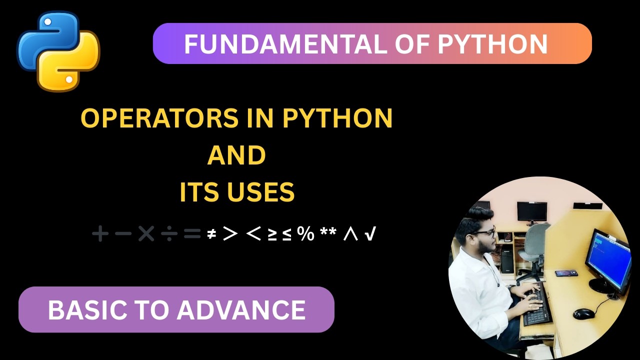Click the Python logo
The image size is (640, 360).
pyautogui.click(x=58, y=51)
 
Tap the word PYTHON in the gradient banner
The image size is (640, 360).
pyautogui.click(x=492, y=44)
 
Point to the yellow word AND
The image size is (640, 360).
pyautogui.click(x=236, y=155)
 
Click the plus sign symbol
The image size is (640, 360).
pyautogui.click(x=100, y=233)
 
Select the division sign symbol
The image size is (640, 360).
pyautogui.click(x=169, y=233)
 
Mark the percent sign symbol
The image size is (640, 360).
pyautogui.click(x=305, y=233)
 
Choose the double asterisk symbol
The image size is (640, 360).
pyautogui.click(x=328, y=233)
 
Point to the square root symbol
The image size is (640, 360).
pyautogui.click(x=370, y=233)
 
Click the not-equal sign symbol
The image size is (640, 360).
pyautogui.click(x=211, y=233)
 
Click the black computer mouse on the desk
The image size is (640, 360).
pyautogui.click(x=583, y=313)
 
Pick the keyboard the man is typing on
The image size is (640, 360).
pyautogui.click(x=536, y=305)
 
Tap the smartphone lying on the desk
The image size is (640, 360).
pyautogui.click(x=566, y=273)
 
